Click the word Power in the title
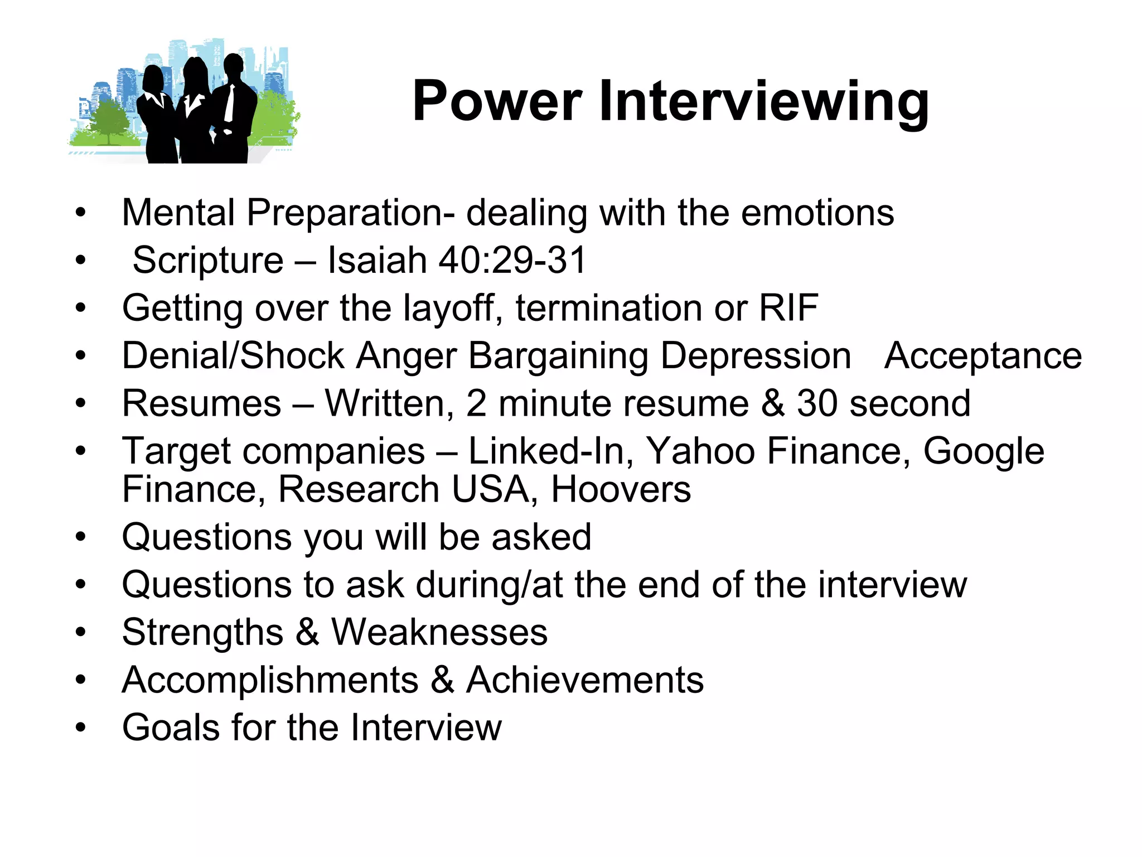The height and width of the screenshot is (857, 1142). (x=497, y=102)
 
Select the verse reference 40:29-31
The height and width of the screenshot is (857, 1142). (x=512, y=261)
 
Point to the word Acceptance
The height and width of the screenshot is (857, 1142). (x=983, y=356)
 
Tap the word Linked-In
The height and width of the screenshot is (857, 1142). (x=545, y=451)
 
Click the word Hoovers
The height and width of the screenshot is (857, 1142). (x=621, y=490)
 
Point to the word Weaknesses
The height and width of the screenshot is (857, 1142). (x=439, y=632)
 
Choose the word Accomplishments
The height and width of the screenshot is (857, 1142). (x=270, y=680)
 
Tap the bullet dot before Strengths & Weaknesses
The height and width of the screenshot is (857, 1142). (x=81, y=633)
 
